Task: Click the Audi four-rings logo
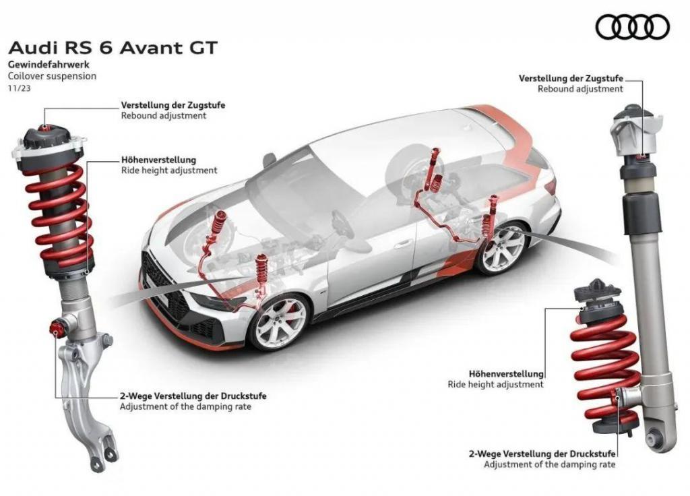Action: click(x=632, y=26)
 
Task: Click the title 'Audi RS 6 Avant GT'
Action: click(x=113, y=48)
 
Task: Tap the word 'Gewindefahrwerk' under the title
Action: click(x=49, y=64)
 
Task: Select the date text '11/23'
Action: click(x=20, y=88)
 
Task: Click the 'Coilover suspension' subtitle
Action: click(x=52, y=75)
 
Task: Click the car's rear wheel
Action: click(x=502, y=248)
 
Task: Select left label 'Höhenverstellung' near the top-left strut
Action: click(x=158, y=160)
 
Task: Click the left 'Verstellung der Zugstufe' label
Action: click(x=173, y=105)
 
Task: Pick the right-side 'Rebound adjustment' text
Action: click(x=580, y=89)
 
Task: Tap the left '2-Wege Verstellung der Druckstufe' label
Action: click(x=193, y=396)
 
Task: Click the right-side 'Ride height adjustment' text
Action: click(x=495, y=385)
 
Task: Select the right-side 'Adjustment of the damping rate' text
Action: click(x=550, y=464)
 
